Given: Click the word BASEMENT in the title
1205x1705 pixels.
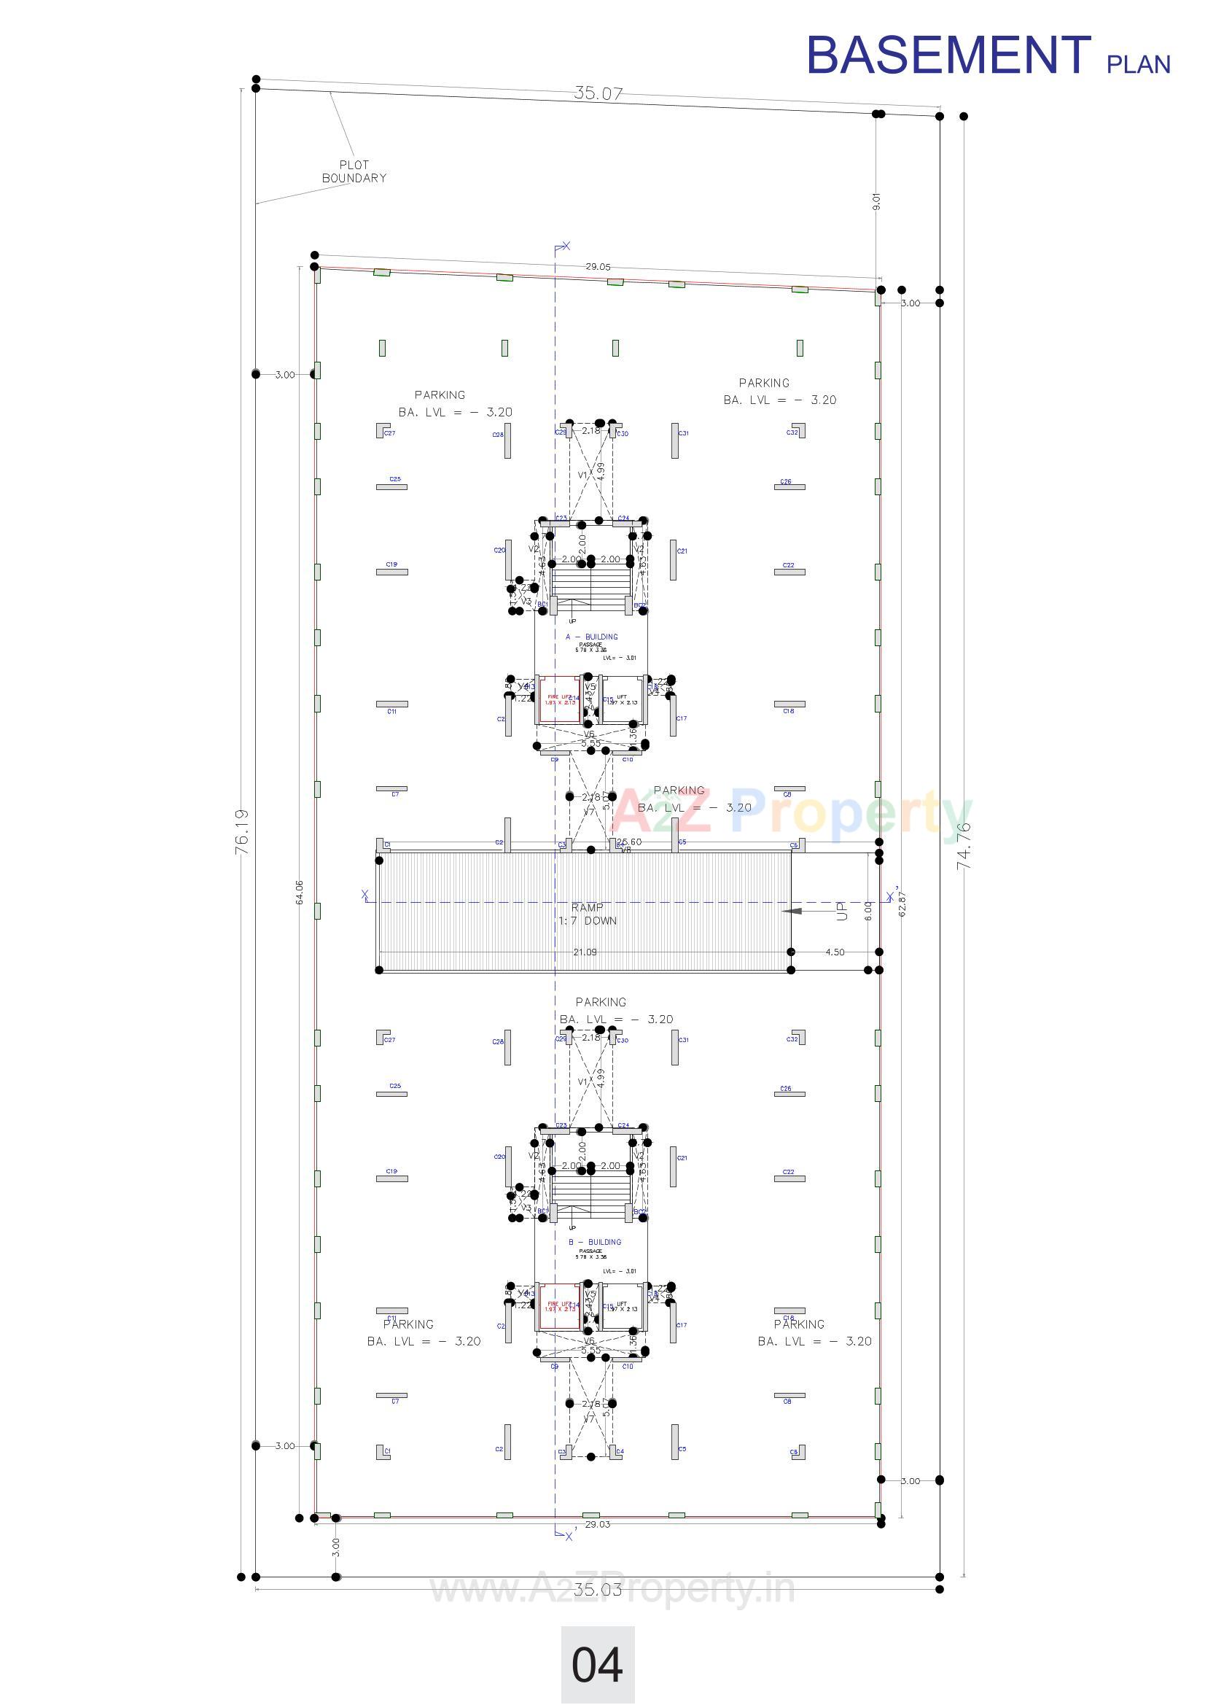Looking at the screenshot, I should pos(948,55).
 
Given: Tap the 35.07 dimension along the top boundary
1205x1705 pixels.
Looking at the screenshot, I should pos(598,93).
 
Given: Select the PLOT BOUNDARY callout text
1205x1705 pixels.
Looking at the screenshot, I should pos(354,171).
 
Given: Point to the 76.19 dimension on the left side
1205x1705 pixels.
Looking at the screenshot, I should pos(243,831).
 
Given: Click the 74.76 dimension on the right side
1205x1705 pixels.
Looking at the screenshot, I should pos(964,846).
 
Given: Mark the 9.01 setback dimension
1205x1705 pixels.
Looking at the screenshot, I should pos(876,201).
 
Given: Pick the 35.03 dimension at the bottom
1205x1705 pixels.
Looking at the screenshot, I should pos(598,1589).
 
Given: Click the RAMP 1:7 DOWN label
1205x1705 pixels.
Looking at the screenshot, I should pos(588,914).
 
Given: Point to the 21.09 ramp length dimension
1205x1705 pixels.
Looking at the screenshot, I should pos(585,952).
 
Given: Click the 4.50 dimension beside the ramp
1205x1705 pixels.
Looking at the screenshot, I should pos(835,952).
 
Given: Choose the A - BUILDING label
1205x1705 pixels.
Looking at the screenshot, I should pos(592,637).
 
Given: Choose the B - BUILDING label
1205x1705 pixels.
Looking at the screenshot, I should pos(595,1242).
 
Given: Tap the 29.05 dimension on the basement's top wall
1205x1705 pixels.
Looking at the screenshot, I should pos(598,267).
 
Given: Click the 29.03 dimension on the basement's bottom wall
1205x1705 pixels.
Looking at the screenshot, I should pos(597,1524).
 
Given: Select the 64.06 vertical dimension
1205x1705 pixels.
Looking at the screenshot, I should pos(299,892).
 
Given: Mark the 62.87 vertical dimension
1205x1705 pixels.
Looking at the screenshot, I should pos(902,903).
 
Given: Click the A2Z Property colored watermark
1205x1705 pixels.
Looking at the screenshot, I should pos(791,815).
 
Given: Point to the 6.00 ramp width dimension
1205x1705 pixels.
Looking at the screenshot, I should pos(867,909).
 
